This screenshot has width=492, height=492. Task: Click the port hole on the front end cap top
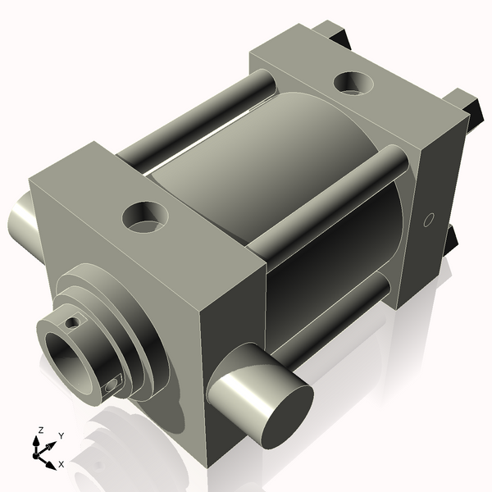coord(145,217)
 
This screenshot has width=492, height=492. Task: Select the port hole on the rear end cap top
coord(351,82)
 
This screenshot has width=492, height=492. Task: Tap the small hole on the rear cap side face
coord(426,220)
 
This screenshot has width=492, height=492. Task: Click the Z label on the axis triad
coord(40,430)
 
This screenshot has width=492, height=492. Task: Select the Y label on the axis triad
coord(61,435)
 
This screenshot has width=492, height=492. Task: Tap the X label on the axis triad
coord(61,464)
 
